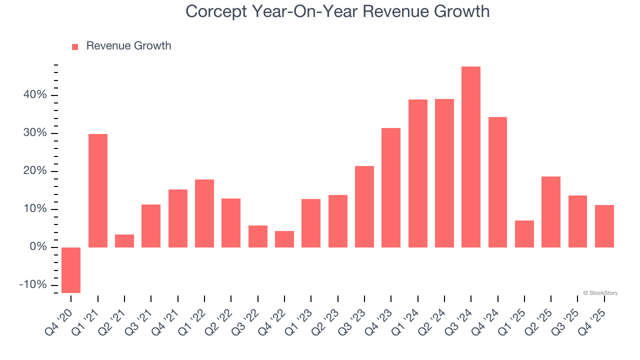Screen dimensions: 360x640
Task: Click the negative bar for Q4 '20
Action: coord(71,270)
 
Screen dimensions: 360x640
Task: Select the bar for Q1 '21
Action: coord(98,190)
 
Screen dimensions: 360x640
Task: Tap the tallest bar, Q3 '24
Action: coord(471,157)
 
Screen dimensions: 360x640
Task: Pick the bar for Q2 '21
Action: coord(124,241)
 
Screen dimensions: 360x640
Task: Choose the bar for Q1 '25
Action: coord(524,234)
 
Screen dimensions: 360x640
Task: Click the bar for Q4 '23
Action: coord(391,187)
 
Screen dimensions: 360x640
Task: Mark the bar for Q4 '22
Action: coord(284,239)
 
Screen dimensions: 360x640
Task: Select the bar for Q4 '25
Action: coord(604,226)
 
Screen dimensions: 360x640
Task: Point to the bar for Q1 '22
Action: coord(204,213)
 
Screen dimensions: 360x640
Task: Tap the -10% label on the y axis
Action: coord(33,285)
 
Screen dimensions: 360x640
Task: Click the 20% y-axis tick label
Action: coord(35,171)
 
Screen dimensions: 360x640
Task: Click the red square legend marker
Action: coord(75,47)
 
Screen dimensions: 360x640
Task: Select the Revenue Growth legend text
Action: coord(128,46)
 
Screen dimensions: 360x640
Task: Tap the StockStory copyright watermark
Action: coord(600,293)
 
